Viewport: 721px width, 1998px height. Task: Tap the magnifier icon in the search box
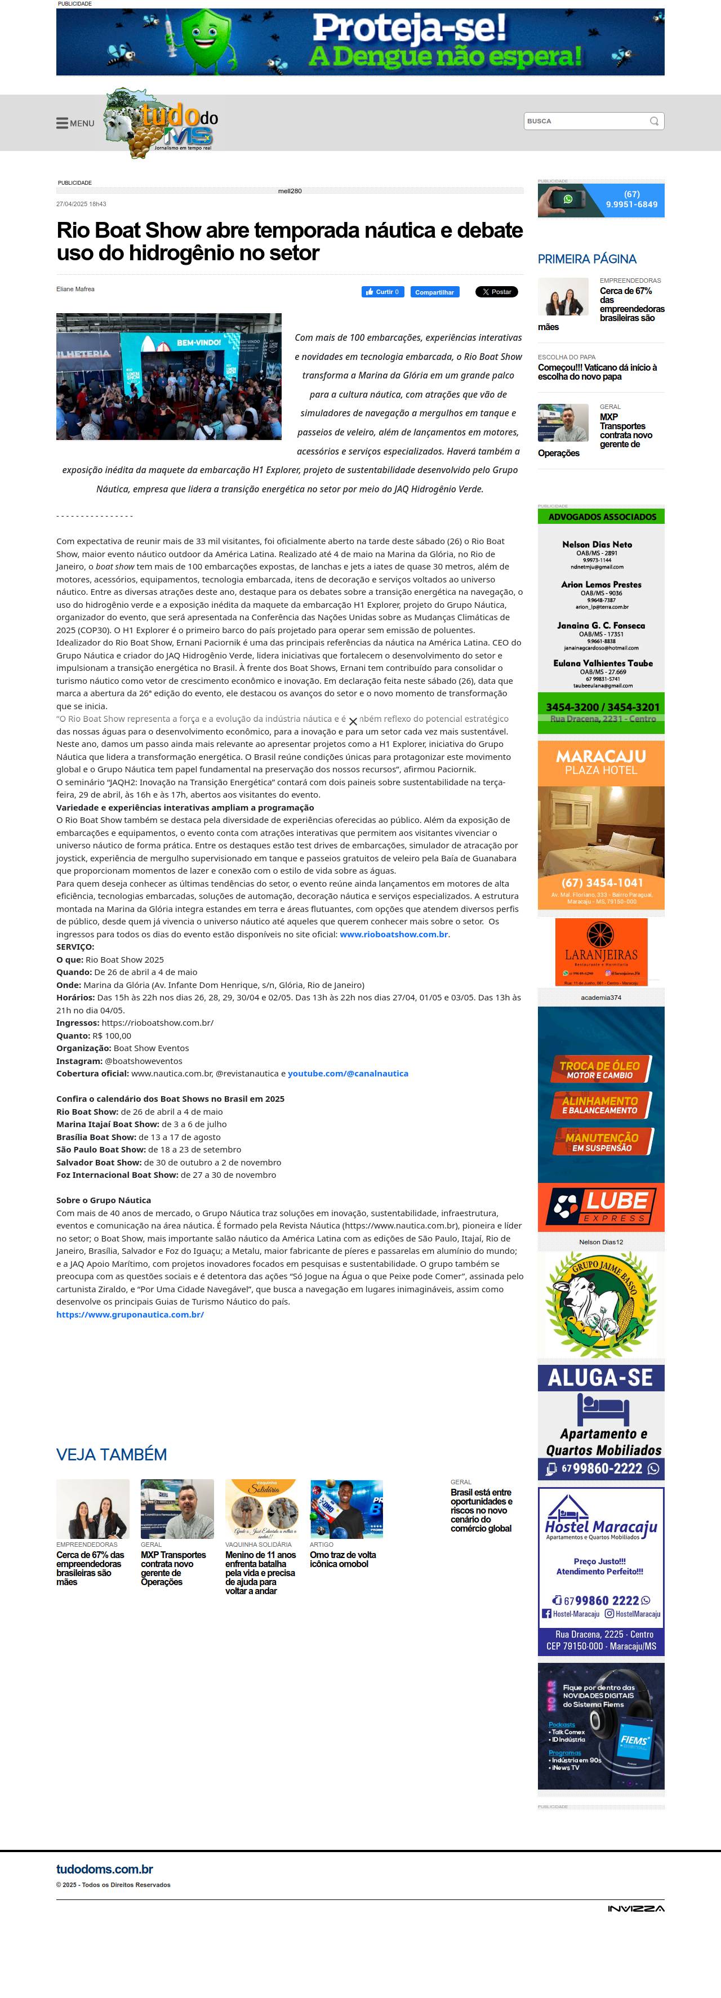click(653, 121)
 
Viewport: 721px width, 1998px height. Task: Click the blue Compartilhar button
click(434, 292)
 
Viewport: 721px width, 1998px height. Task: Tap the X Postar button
click(496, 292)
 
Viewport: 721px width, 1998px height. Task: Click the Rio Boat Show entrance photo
click(168, 376)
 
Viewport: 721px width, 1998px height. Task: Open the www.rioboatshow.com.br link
click(394, 934)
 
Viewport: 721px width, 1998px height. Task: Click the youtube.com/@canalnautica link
click(348, 1074)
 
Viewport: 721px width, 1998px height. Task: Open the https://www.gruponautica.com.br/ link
click(130, 1315)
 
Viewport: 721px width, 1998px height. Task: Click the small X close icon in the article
click(353, 722)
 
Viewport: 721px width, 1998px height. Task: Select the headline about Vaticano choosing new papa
click(597, 372)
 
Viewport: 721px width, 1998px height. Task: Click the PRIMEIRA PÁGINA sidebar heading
click(587, 259)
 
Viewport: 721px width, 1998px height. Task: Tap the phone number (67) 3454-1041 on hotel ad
click(602, 883)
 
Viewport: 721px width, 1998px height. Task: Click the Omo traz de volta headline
click(342, 1559)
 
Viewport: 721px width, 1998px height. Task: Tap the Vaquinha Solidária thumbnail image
click(261, 1508)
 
